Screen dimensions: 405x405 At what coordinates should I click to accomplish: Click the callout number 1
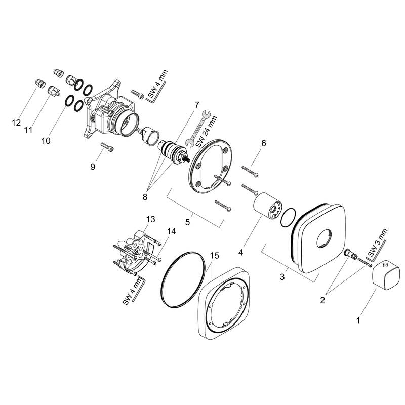tap(358, 320)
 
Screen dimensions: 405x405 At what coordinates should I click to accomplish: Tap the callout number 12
tap(17, 122)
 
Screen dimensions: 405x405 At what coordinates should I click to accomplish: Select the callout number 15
tap(215, 256)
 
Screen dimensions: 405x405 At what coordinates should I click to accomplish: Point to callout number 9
tap(93, 167)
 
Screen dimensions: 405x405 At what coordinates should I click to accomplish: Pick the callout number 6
tap(264, 143)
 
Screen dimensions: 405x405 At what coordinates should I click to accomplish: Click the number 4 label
tap(241, 251)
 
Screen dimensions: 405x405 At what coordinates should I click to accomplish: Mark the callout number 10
tap(46, 141)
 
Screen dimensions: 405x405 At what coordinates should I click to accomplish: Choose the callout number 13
tap(150, 219)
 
